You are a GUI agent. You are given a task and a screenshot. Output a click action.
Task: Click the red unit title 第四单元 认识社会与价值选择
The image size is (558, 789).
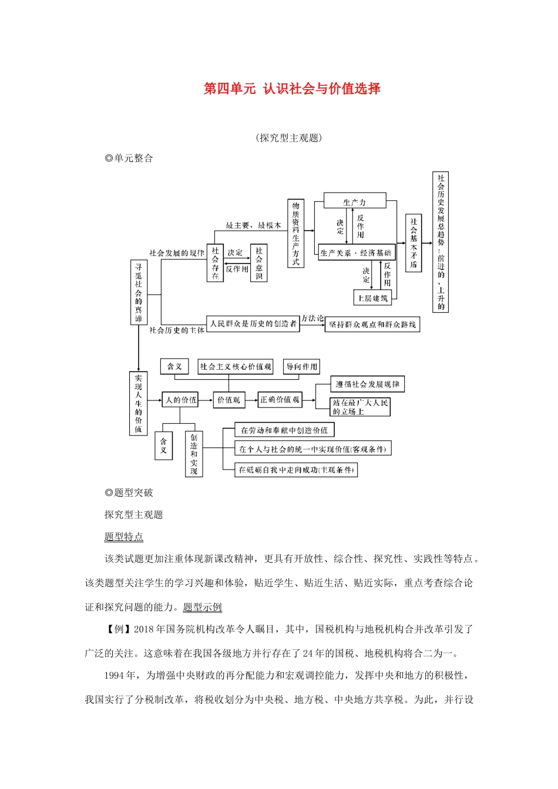click(x=292, y=89)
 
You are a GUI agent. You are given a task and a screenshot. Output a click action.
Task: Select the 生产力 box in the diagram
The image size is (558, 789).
click(x=355, y=201)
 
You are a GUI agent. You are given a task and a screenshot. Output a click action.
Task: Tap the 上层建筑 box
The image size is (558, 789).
click(x=373, y=298)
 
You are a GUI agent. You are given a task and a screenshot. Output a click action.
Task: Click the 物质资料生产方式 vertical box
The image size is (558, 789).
click(x=295, y=233)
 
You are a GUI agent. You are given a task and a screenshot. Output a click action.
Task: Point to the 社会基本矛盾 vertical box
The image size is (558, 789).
click(x=414, y=242)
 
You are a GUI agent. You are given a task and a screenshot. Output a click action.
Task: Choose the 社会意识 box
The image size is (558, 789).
click(x=258, y=262)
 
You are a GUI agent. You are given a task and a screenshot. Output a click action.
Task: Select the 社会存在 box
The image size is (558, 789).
click(x=215, y=262)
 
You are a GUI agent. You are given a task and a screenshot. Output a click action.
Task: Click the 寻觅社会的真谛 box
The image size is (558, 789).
click(x=139, y=292)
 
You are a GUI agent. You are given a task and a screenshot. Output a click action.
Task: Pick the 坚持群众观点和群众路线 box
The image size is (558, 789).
click(x=372, y=324)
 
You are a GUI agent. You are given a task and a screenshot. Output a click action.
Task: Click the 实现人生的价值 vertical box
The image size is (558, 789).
click(x=139, y=403)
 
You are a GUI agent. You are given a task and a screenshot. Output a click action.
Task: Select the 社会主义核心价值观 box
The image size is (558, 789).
click(x=236, y=366)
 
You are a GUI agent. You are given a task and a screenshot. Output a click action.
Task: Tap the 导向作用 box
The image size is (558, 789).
click(x=302, y=366)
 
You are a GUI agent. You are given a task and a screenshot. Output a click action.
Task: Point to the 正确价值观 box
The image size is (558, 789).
click(x=280, y=400)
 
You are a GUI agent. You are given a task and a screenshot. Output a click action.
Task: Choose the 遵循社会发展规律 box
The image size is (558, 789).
click(x=368, y=385)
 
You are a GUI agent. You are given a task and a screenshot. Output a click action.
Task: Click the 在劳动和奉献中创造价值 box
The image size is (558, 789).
click(x=284, y=430)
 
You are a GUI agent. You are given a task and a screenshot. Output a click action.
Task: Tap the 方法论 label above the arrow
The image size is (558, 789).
click(x=312, y=318)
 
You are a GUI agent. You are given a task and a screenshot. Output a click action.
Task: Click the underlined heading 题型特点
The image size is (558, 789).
click(x=123, y=537)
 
